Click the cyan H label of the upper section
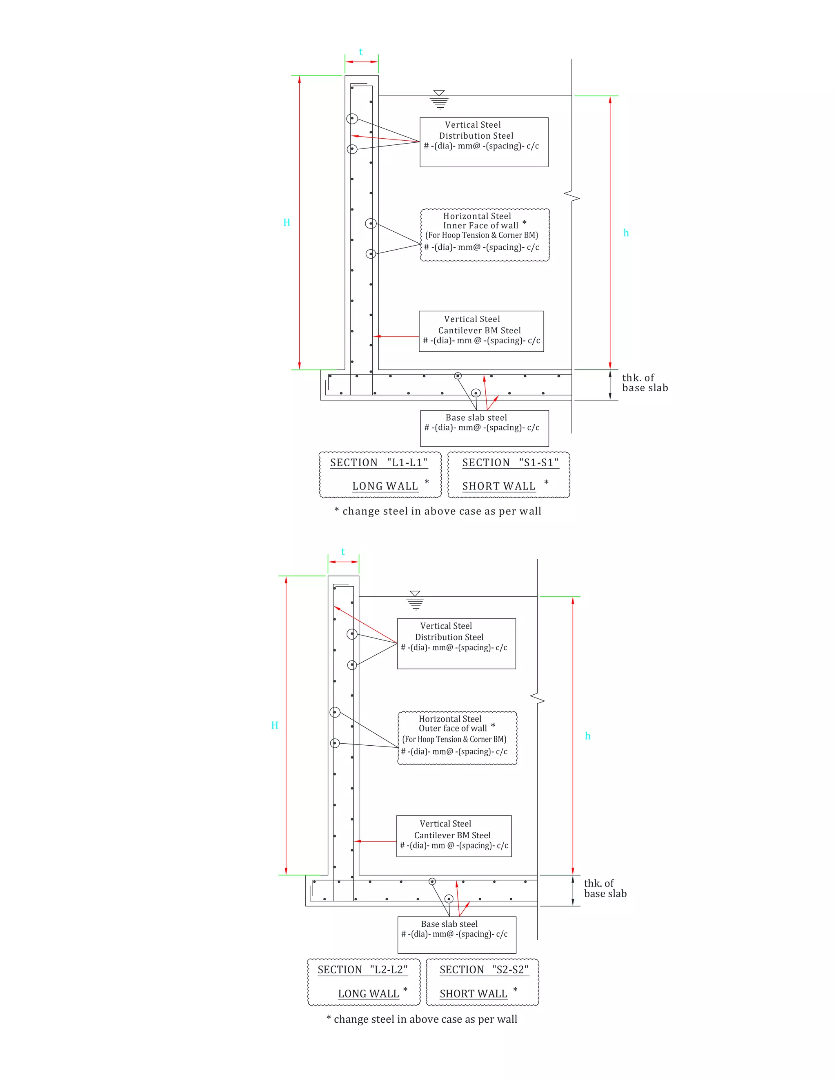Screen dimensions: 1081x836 pos(286,223)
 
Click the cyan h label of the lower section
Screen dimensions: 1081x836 pos(587,736)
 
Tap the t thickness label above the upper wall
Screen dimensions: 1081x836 pos(360,52)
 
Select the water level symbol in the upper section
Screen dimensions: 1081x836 pos(439,99)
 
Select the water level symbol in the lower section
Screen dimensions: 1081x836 pos(415,600)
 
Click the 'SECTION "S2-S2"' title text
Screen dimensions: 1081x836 pos(484,970)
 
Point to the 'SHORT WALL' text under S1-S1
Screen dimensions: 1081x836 pos(499,487)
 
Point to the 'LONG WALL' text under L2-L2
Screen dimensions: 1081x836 pos(369,994)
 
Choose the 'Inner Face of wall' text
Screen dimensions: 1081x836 pos(480,226)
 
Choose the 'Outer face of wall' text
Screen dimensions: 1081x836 pos(453,729)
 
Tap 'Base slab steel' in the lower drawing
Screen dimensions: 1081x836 pos(449,924)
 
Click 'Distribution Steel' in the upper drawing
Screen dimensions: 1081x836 pos(476,135)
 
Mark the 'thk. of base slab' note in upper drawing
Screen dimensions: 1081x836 pos(645,383)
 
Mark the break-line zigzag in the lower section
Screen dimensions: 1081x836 pos(537,699)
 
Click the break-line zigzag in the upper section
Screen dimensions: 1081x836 pos(572,197)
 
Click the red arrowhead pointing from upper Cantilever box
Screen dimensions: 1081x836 pos(376,337)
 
